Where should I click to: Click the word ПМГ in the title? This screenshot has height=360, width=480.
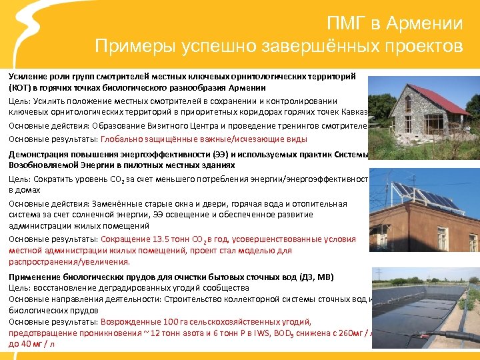(347, 24)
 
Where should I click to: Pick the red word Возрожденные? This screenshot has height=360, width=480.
(131, 321)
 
